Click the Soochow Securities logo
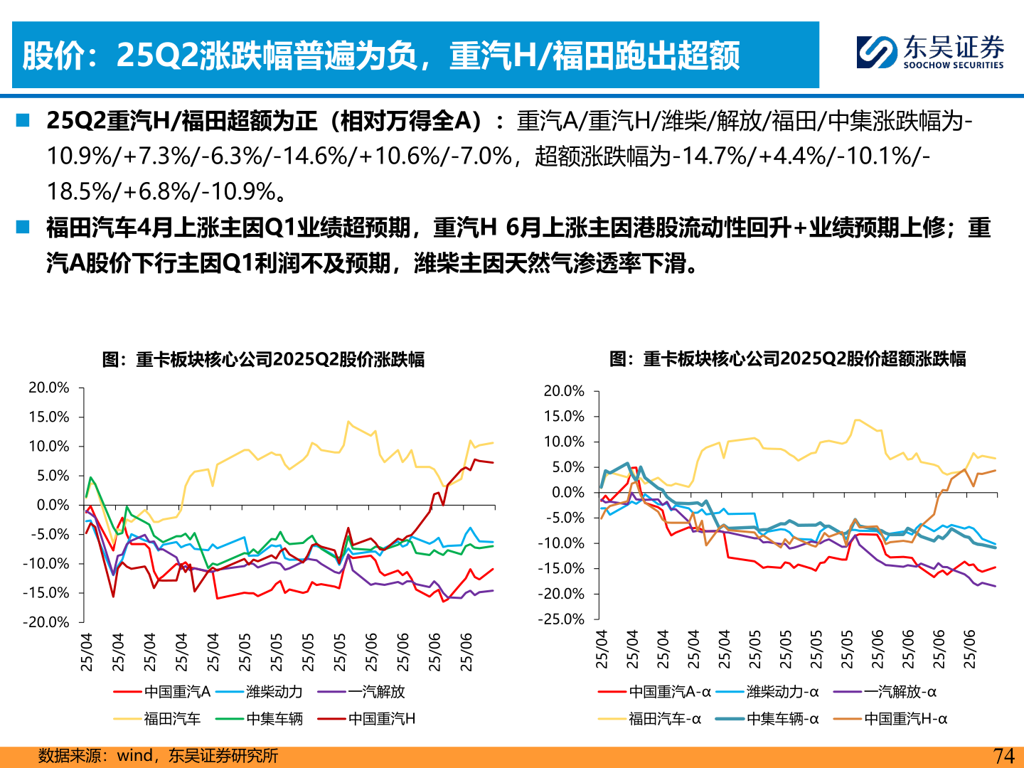[929, 53]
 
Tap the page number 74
[1003, 756]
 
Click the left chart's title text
[263, 359]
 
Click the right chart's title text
[787, 358]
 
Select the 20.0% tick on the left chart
[49, 388]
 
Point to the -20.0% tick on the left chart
[46, 622]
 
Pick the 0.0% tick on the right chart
[567, 492]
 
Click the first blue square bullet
[23, 120]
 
